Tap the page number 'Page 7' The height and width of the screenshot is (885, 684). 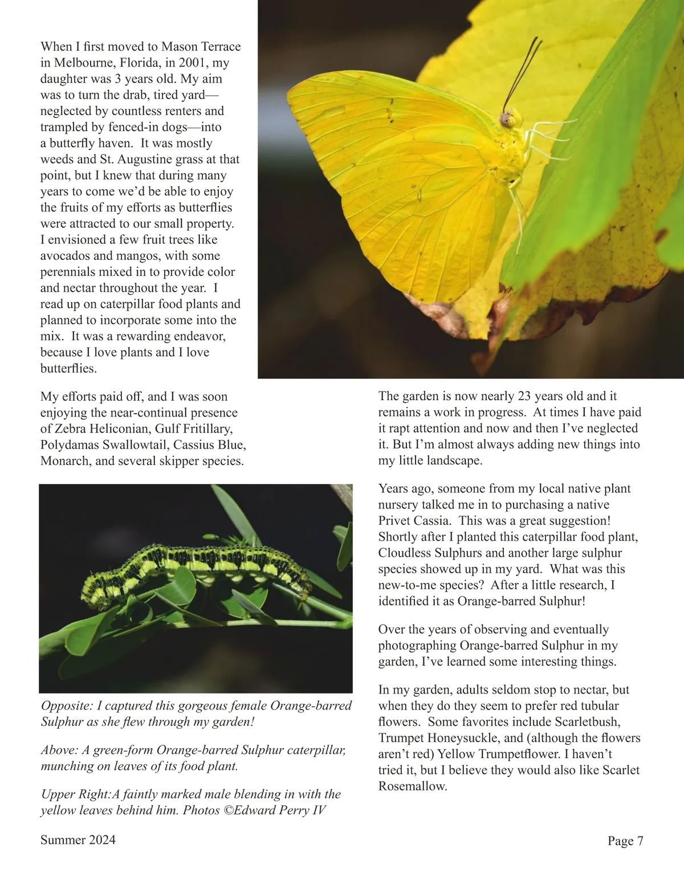click(625, 841)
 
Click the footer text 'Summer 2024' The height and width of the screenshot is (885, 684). click(78, 839)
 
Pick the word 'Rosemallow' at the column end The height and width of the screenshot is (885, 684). click(412, 786)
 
